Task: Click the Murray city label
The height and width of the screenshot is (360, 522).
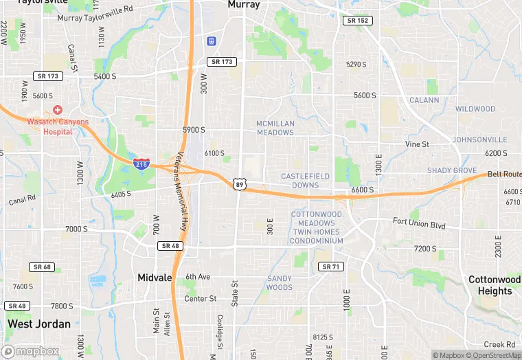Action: (244, 5)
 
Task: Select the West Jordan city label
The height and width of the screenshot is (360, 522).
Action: (39, 324)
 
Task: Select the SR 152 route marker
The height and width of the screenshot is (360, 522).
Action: (357, 21)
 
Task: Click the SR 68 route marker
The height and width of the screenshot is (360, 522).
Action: (42, 267)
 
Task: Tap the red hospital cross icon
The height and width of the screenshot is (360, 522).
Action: (57, 110)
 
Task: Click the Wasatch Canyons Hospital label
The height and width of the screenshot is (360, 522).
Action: (58, 126)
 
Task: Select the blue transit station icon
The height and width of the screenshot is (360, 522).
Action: (211, 41)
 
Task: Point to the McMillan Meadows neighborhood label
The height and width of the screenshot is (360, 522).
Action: (275, 128)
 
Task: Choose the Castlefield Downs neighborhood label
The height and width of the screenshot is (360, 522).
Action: (306, 181)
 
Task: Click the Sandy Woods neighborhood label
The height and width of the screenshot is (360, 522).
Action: (280, 283)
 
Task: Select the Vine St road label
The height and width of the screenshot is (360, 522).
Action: (417, 144)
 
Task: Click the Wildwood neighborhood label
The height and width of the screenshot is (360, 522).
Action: (475, 109)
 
